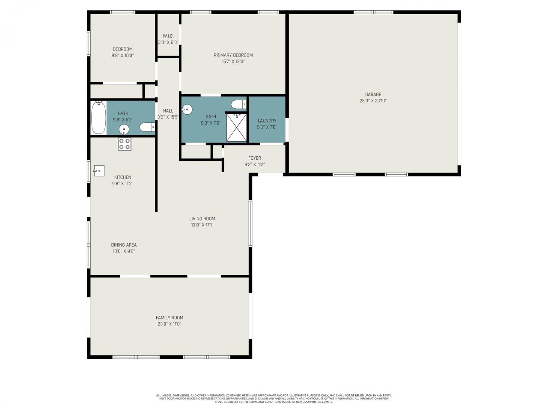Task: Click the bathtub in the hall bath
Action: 98,118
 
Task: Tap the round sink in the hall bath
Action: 124,129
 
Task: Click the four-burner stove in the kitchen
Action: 125,144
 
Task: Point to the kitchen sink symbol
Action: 98,170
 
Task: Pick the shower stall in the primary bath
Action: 236,127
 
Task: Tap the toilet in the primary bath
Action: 238,104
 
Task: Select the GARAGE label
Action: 373,95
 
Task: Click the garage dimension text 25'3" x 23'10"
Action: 373,101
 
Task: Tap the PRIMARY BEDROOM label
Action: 233,55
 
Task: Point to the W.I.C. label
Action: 168,36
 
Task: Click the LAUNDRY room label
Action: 267,121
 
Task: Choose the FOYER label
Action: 254,158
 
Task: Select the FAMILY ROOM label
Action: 170,318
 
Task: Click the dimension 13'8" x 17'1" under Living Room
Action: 202,225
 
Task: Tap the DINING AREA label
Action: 124,245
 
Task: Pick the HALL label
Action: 168,111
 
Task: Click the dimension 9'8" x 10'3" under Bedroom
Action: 122,55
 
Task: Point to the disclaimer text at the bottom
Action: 274,399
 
